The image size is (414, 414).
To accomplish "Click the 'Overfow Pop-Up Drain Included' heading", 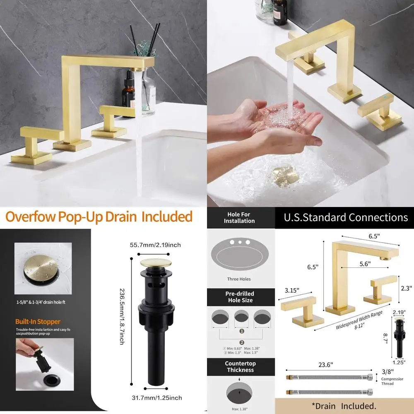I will click(x=99, y=217).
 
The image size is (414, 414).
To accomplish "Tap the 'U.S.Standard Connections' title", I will click(x=346, y=217).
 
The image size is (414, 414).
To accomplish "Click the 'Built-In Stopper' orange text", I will click(x=38, y=321).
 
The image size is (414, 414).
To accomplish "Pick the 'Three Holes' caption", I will click(x=239, y=279).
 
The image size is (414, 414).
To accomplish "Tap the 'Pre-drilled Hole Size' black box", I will click(x=239, y=297).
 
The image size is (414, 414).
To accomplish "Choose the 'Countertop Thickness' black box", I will click(x=240, y=366).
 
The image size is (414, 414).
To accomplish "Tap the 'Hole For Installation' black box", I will click(x=239, y=217).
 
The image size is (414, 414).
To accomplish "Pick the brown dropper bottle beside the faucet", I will click(x=128, y=93).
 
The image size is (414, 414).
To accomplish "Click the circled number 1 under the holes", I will click(x=241, y=331).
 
